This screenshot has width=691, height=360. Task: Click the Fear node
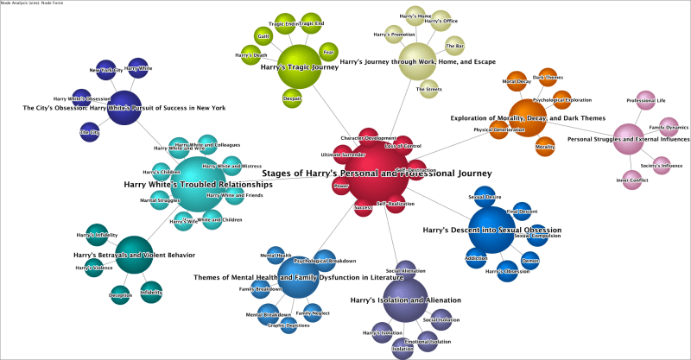(x=329, y=51)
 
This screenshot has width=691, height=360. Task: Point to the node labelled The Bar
(x=455, y=45)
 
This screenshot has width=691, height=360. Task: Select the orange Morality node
(x=545, y=147)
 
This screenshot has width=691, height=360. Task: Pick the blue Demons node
(x=530, y=261)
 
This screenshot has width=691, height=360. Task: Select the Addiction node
(x=477, y=258)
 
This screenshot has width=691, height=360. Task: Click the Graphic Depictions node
(x=288, y=325)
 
